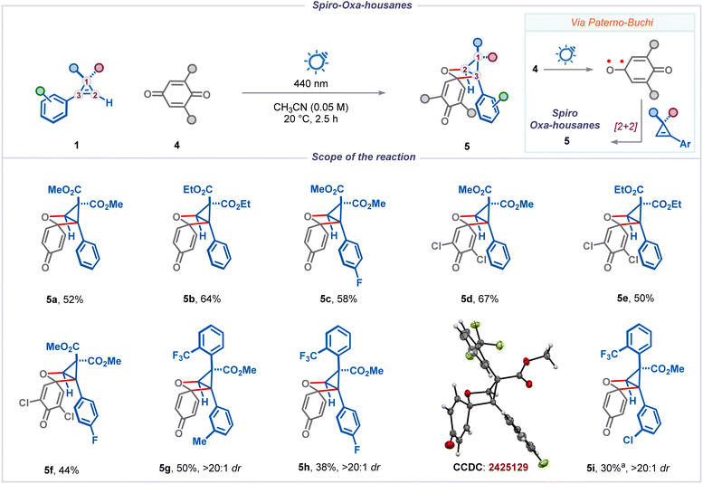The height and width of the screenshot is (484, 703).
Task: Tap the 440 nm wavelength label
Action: point(310,83)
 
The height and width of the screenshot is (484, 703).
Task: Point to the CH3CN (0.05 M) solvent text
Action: point(310,108)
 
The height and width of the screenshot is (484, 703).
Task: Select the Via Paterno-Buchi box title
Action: point(612,22)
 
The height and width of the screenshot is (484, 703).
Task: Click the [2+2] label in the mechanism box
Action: point(625,126)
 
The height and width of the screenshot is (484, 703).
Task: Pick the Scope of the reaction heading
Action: point(364,157)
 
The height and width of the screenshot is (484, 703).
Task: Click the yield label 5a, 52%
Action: point(64,299)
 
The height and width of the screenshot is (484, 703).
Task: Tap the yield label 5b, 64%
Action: point(202,299)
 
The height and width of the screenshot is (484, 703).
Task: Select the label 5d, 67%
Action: point(480,299)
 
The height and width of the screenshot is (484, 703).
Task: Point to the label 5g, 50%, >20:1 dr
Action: point(200,469)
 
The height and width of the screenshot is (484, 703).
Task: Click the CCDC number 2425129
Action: point(508,468)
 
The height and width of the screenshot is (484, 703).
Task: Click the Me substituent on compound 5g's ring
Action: point(200,441)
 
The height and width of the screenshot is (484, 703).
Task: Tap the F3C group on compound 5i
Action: point(609,355)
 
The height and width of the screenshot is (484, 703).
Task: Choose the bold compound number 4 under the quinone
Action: point(176,145)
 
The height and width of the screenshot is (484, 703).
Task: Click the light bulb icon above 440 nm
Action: point(316,62)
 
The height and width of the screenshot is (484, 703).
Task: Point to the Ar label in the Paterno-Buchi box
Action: point(685,144)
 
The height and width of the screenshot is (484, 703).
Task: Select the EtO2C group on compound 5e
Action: point(629,190)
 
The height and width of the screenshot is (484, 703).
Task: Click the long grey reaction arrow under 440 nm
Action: point(313,93)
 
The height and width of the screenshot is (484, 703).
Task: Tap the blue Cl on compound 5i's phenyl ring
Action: point(629,440)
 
